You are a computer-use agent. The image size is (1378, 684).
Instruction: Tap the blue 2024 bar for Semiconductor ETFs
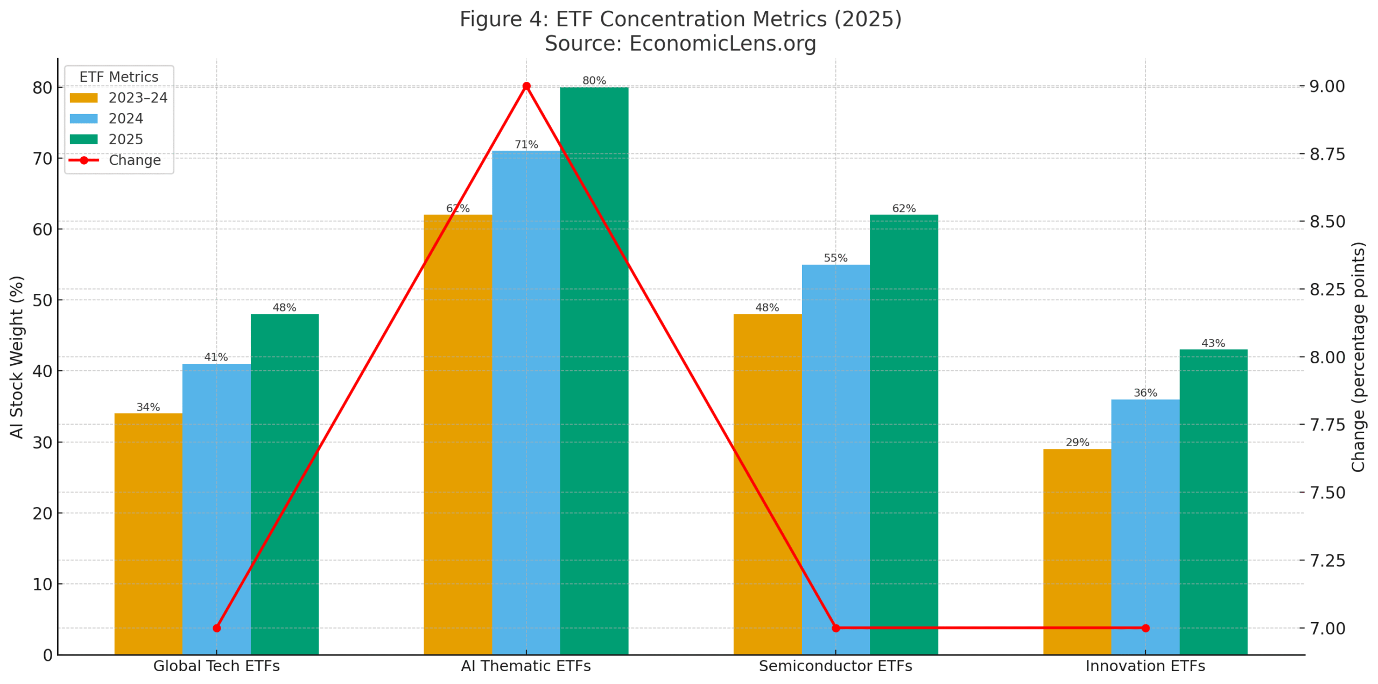point(835,457)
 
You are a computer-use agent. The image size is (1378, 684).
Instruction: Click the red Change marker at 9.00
point(526,86)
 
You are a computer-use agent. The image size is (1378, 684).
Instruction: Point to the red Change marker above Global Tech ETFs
point(216,627)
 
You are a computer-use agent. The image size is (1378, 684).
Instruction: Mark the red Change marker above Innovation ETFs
point(1145,627)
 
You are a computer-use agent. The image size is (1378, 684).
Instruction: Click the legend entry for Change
point(135,160)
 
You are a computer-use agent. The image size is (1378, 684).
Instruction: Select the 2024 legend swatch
point(84,118)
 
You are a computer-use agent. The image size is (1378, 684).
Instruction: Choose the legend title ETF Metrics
point(119,77)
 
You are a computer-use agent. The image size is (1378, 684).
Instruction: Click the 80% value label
point(594,81)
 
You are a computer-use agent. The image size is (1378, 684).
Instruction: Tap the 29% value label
point(1077,442)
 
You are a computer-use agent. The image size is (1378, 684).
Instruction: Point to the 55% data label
point(835,258)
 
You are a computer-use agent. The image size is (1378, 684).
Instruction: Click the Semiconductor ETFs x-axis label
point(835,666)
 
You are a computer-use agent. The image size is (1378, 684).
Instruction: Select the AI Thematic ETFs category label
point(525,666)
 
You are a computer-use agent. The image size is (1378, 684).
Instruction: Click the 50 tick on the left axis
point(43,300)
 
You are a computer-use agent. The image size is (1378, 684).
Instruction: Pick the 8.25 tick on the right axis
point(1327,290)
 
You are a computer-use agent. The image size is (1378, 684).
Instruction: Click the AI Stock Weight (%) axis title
point(17,357)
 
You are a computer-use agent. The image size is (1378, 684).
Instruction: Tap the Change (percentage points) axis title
point(1359,357)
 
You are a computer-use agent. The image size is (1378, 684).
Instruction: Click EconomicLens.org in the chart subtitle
point(722,44)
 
